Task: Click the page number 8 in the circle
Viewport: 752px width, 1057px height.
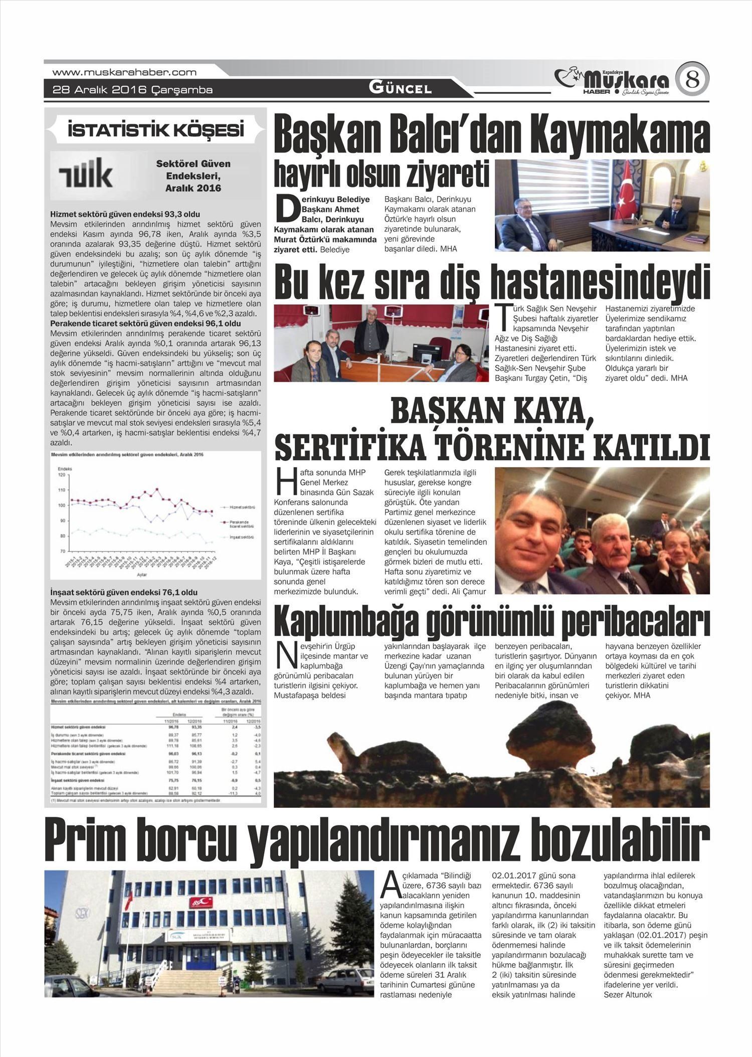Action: pyautogui.click(x=692, y=79)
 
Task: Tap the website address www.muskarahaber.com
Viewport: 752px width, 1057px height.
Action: pyautogui.click(x=124, y=72)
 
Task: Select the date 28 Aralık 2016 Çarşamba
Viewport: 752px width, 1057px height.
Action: pyautogui.click(x=133, y=90)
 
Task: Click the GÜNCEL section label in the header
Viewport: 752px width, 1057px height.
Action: pyautogui.click(x=400, y=88)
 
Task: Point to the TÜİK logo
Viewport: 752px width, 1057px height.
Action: pyautogui.click(x=86, y=174)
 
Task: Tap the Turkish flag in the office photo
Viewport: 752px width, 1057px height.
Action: pyautogui.click(x=628, y=201)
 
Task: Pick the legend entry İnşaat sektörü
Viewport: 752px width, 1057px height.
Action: pyautogui.click(x=241, y=537)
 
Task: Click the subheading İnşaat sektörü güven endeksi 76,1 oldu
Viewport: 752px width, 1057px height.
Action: pyautogui.click(x=124, y=592)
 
